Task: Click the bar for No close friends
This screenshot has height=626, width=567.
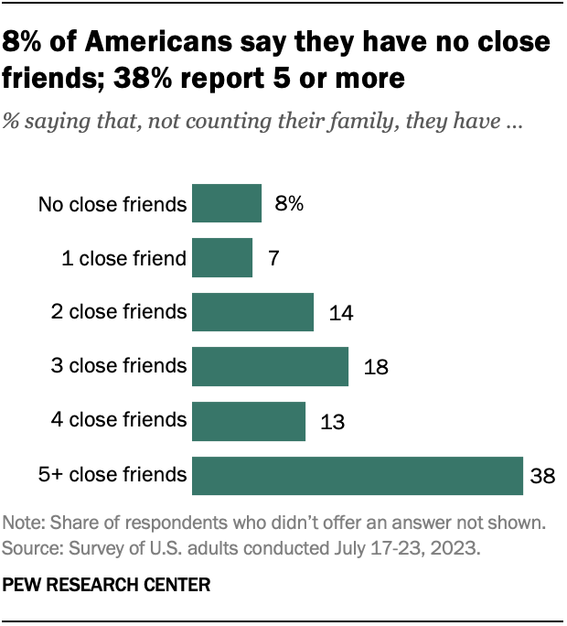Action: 227,204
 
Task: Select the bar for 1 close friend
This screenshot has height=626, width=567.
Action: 222,258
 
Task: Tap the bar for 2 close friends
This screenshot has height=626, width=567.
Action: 252,312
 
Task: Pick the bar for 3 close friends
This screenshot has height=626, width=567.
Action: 270,366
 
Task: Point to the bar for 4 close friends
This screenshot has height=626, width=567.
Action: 248,420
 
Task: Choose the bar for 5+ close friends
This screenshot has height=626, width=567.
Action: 357,474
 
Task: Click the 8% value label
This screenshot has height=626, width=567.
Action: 288,204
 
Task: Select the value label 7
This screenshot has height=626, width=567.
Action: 273,259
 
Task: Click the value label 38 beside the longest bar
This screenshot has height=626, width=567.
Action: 543,475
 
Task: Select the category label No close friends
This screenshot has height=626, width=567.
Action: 112,204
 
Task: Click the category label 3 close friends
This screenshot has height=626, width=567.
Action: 119,366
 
